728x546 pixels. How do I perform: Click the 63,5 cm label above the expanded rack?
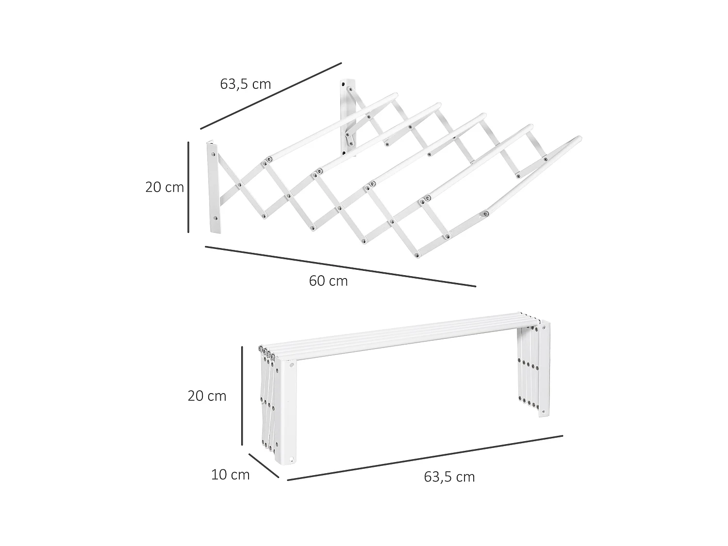(245, 84)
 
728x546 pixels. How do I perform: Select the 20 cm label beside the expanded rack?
(165, 187)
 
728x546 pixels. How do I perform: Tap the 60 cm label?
(328, 281)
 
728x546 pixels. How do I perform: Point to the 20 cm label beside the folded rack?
(207, 396)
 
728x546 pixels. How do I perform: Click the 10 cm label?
(230, 475)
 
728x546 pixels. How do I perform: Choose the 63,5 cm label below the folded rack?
(449, 477)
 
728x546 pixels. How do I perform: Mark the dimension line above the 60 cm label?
(340, 266)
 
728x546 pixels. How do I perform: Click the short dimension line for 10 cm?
(264, 465)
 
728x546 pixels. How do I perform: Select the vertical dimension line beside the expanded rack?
(188, 187)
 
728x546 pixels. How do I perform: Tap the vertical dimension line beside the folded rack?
(242, 396)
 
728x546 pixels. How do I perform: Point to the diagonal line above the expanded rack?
(271, 96)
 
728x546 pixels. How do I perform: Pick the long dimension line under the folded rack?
(425, 458)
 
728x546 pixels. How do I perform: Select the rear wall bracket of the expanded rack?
(348, 116)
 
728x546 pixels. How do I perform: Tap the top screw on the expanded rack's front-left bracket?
(212, 154)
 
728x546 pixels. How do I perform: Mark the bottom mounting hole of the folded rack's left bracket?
(292, 459)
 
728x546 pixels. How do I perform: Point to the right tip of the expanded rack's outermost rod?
(579, 139)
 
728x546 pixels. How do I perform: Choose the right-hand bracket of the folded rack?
(544, 369)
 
